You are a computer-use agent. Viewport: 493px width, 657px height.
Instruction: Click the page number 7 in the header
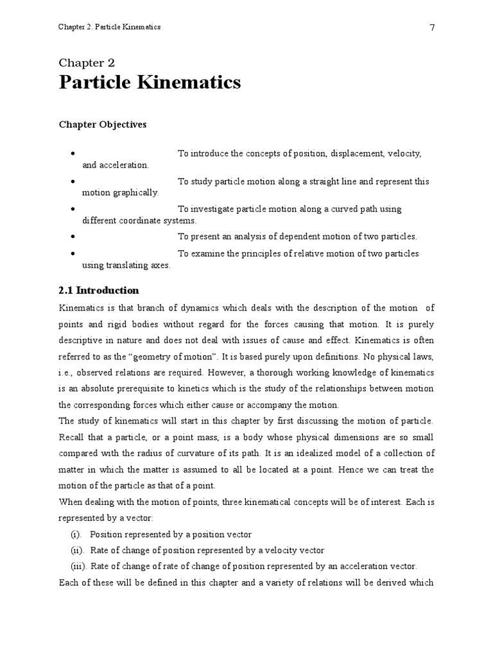432,28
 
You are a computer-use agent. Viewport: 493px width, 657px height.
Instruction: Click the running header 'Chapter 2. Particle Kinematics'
109,27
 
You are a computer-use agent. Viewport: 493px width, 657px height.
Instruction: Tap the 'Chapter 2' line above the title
87,63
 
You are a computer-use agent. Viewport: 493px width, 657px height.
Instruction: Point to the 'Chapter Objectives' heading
103,124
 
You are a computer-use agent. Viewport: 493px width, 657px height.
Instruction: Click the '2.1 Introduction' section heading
99,290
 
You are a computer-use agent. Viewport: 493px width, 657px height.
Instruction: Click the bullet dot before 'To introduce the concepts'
75,154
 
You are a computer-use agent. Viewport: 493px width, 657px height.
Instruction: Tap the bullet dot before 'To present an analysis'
75,237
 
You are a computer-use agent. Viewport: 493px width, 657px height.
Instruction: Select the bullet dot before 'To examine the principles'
75,253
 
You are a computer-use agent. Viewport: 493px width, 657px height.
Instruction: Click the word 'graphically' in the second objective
136,193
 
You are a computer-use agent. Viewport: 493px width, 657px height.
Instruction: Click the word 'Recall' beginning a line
72,437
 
